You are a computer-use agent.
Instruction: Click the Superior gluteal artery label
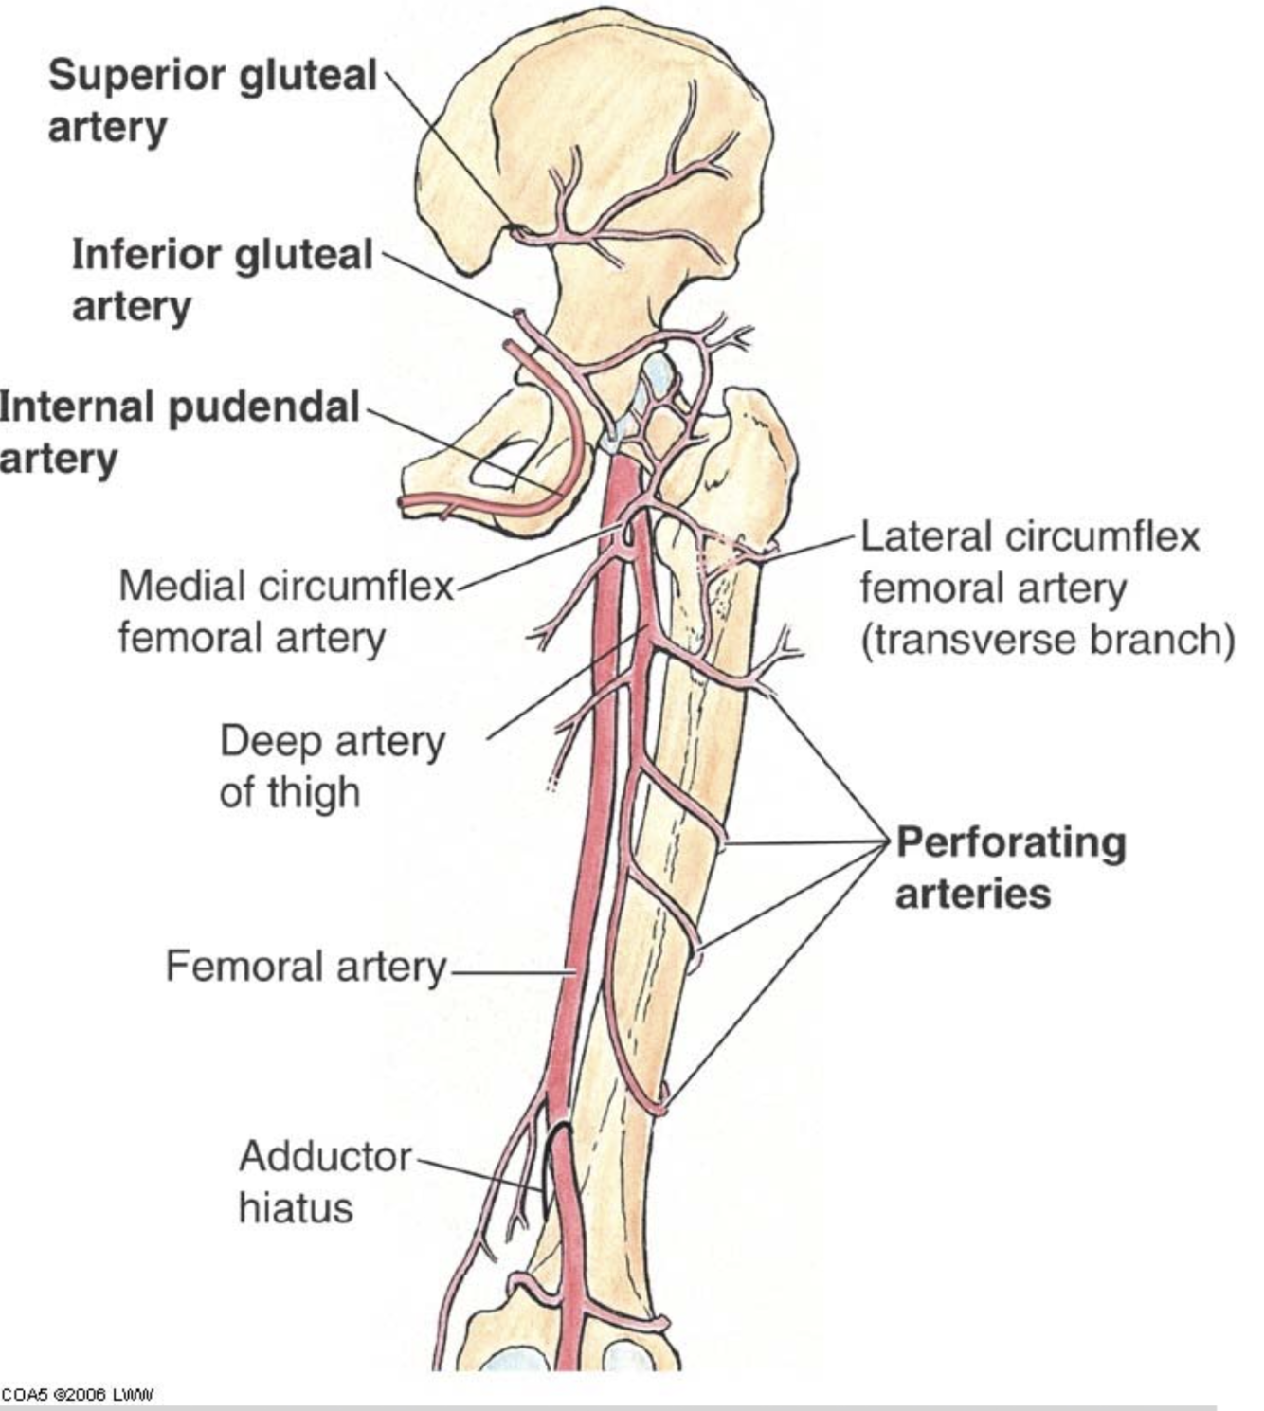point(212,100)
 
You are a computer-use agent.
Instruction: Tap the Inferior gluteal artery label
point(223,280)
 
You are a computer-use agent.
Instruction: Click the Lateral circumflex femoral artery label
point(1029,562)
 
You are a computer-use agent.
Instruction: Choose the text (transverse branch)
point(1047,641)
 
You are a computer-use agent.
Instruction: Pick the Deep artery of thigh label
point(332,766)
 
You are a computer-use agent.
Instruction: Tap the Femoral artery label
point(305,968)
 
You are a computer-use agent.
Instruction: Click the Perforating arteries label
point(1010,867)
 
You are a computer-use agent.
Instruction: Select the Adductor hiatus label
point(325,1182)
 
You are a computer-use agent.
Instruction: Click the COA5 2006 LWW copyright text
point(77,1395)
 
